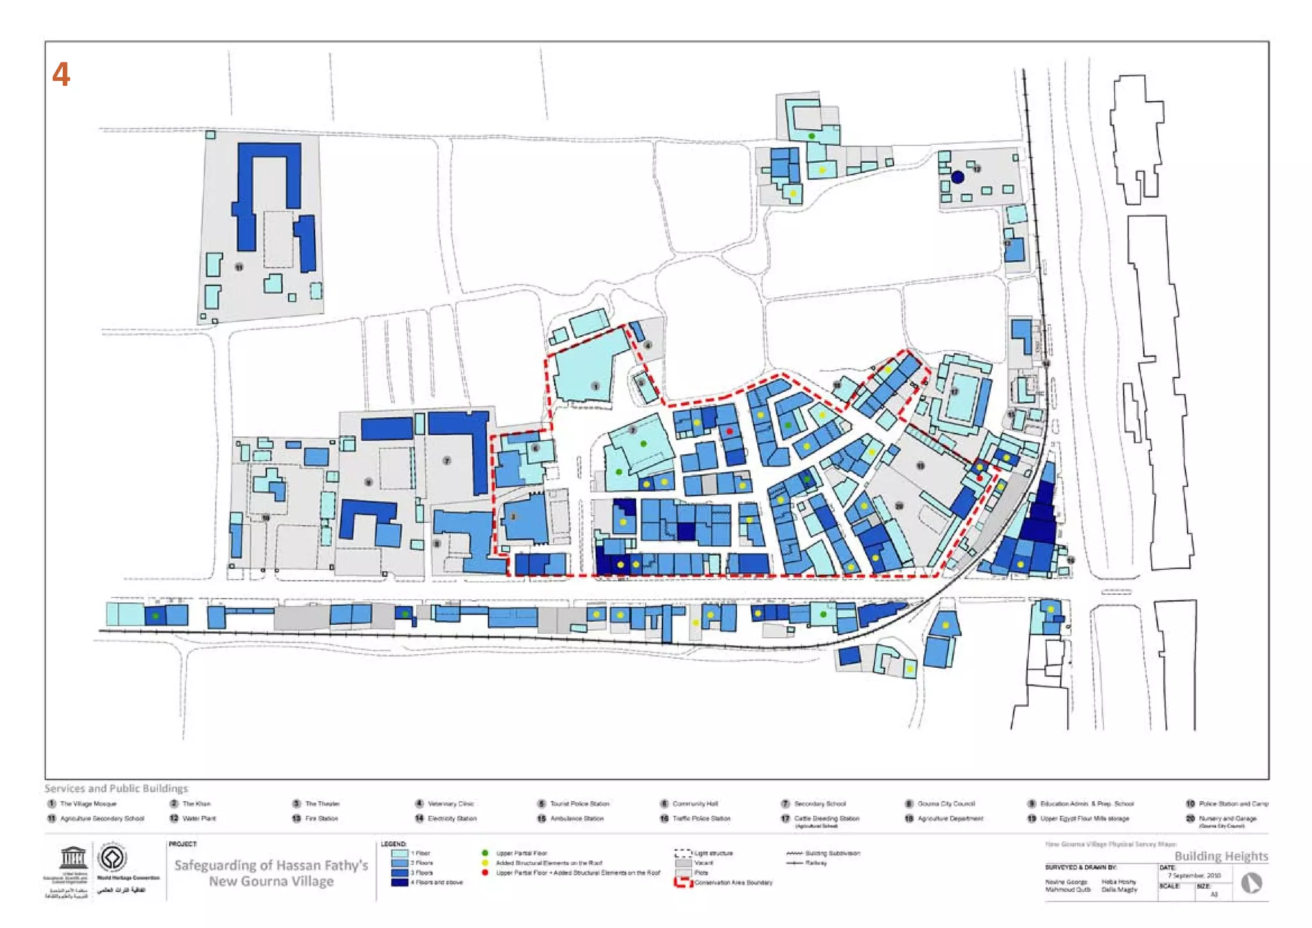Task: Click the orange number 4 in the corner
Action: click(61, 74)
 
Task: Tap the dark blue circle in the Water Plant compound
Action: click(957, 177)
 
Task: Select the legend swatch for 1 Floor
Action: click(400, 854)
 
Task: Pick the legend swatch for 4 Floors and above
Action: click(400, 882)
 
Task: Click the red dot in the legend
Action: click(485, 873)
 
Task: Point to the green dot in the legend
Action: click(485, 853)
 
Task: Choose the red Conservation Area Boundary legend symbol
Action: click(684, 882)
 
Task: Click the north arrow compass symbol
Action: click(1251, 883)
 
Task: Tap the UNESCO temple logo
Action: click(73, 858)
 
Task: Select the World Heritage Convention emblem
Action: click(113, 858)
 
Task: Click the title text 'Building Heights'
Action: click(1221, 856)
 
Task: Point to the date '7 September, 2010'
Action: click(1194, 875)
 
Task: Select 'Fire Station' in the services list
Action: click(321, 818)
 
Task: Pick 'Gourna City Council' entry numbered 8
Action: click(946, 804)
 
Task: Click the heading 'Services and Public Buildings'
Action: click(116, 788)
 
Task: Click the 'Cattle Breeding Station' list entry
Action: click(826, 818)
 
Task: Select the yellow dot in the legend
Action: click(485, 863)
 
